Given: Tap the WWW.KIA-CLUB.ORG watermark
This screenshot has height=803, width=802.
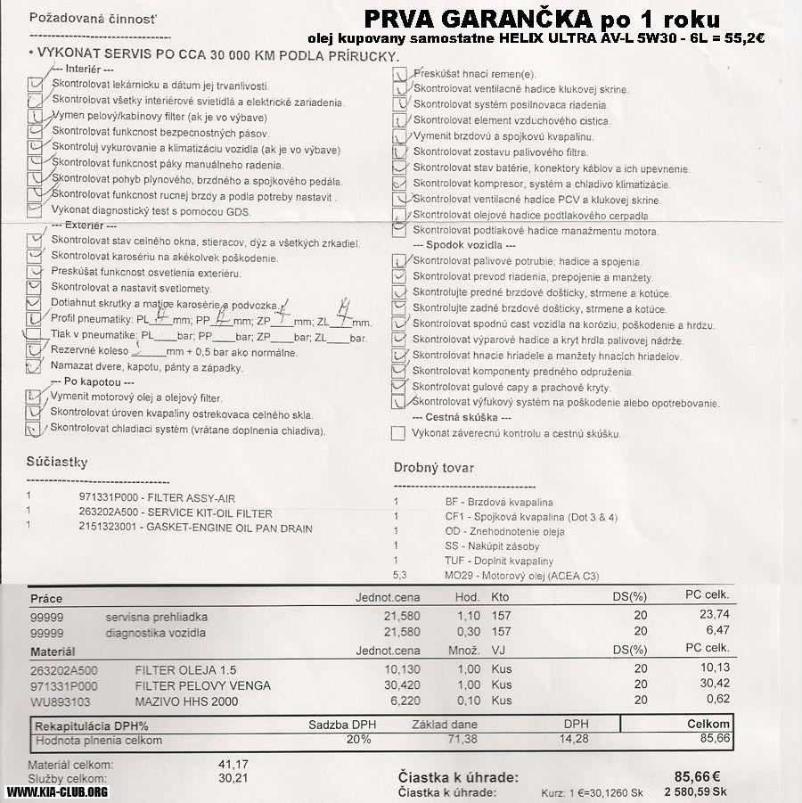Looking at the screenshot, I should point(57,791).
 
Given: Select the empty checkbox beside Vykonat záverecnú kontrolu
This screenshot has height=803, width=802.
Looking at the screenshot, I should point(398,433).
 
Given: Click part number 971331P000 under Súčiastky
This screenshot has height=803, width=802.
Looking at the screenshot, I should point(108,497).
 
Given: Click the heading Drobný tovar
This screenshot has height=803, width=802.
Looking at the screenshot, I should point(434,468).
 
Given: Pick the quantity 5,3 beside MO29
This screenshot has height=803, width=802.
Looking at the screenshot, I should point(399,576).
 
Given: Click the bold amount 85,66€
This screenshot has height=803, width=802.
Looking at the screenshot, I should point(698,775).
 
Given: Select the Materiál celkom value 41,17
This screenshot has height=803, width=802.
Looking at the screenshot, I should point(233,765).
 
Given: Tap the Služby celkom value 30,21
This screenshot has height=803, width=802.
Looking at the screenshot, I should point(233,778).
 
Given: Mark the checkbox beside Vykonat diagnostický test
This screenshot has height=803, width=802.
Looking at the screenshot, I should point(35,211).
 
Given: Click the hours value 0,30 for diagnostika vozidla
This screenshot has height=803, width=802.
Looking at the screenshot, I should point(467,632).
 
